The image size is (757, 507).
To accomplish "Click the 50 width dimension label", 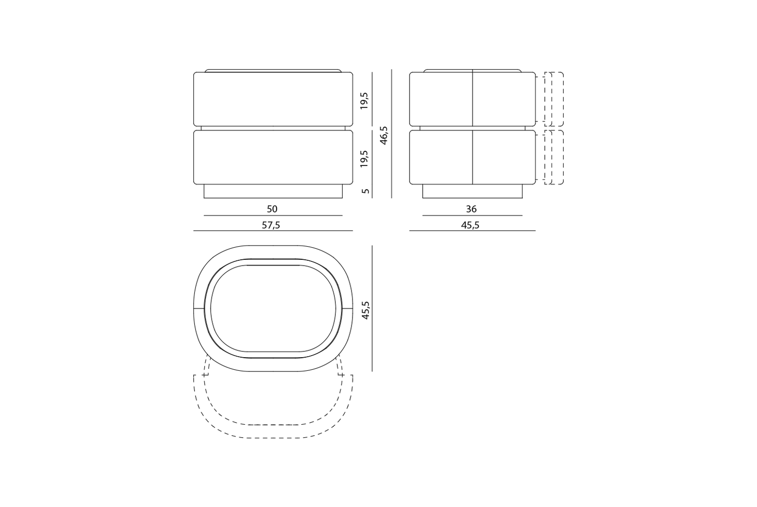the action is pos(272,209).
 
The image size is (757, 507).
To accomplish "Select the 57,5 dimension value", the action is pos(271,225).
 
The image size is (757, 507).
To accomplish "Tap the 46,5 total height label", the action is pos(384,136).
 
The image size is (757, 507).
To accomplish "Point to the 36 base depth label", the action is pos(471,209).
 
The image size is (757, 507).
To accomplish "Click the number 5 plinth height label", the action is pos(365,191).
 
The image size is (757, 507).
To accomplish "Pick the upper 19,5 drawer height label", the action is pos(364,101).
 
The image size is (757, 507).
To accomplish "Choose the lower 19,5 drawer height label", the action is pos(364,159).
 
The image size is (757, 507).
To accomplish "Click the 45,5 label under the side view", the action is pos(470,225).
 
